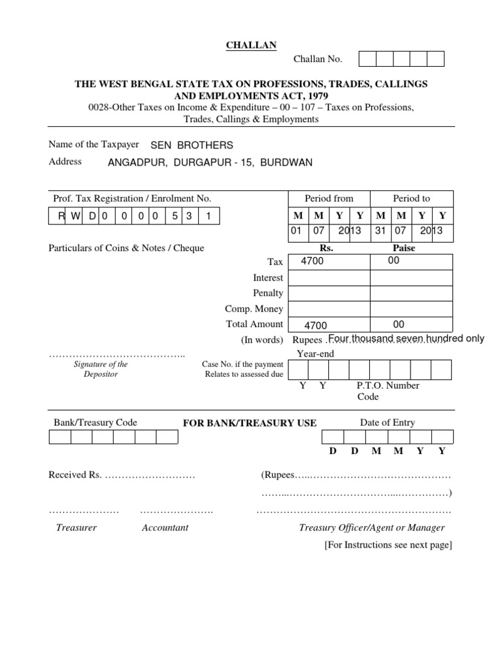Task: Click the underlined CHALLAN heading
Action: (x=251, y=44)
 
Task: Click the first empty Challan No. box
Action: (x=368, y=60)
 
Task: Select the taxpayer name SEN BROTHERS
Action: (x=192, y=145)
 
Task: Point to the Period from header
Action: (x=329, y=198)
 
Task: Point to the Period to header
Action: (x=411, y=198)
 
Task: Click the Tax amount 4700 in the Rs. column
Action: (x=312, y=262)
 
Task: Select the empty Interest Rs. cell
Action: (x=329, y=278)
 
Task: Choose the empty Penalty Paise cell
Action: (x=411, y=293)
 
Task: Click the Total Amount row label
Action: (x=254, y=324)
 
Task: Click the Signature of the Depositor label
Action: (x=100, y=369)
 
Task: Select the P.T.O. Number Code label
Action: (x=388, y=391)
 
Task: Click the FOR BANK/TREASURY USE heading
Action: (x=250, y=423)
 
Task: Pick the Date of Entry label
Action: (x=387, y=423)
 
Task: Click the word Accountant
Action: (x=165, y=527)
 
